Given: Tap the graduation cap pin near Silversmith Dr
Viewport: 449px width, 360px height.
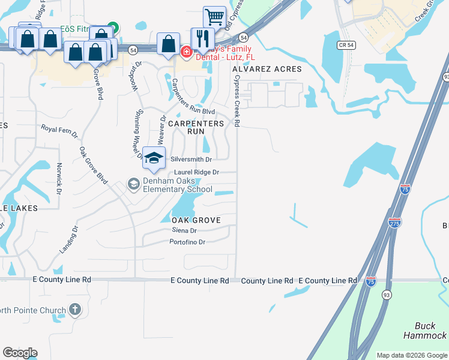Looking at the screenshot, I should [154, 158].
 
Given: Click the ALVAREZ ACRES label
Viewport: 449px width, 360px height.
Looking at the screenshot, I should [267, 69].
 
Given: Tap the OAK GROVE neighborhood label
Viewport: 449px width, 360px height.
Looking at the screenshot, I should [192, 220].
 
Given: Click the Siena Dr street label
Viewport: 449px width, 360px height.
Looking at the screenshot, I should [184, 230].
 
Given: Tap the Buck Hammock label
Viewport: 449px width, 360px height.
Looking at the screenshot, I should [425, 331].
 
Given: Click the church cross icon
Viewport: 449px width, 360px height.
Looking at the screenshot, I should [74, 310].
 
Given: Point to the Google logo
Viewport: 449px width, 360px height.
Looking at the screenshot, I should [20, 353].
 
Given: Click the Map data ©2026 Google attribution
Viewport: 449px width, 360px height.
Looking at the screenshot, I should [412, 355].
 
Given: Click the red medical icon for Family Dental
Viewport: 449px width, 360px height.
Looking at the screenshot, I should [186, 53].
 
